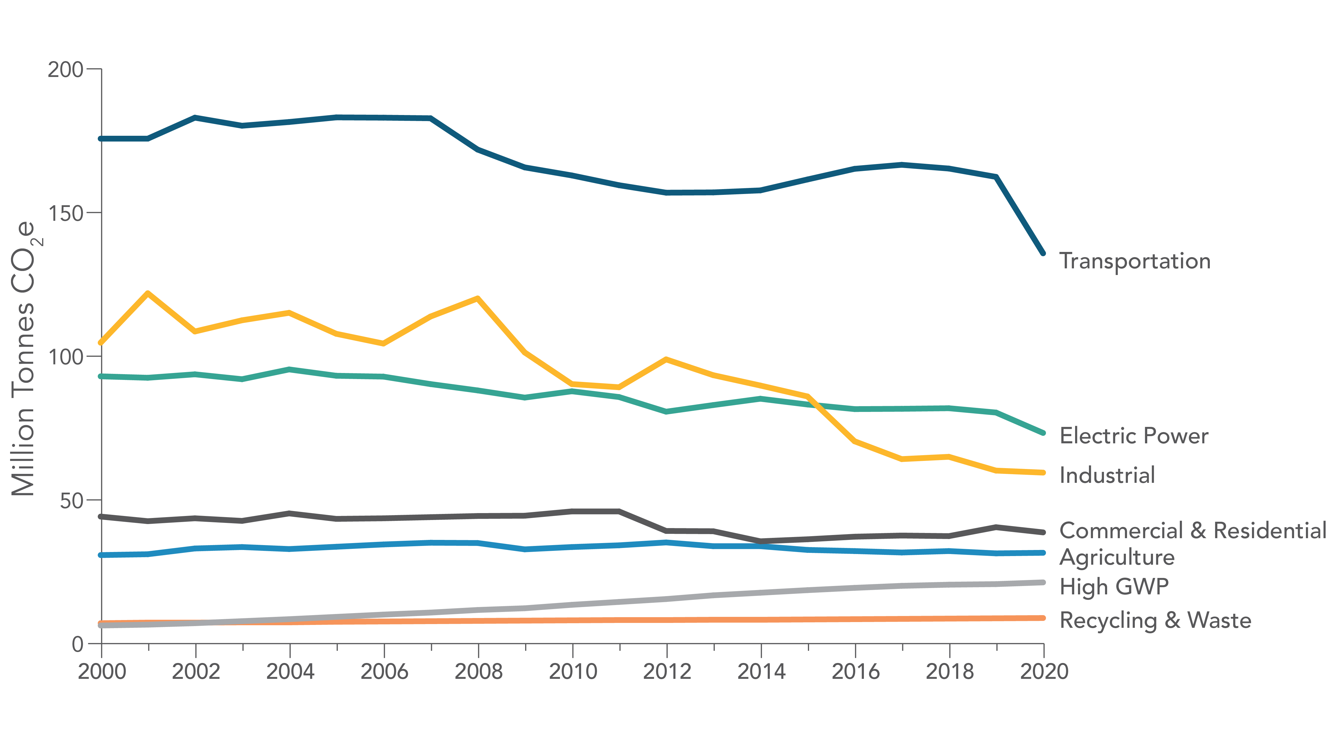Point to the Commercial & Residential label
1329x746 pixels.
1192,530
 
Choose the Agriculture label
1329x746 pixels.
1117,557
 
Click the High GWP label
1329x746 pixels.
1114,586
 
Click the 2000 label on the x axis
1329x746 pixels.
102,671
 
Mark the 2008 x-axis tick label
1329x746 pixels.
478,671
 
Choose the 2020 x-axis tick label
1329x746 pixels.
1044,671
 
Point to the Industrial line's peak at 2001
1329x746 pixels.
148,293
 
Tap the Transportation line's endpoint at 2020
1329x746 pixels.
1043,253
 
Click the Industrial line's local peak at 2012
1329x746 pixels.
667,359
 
